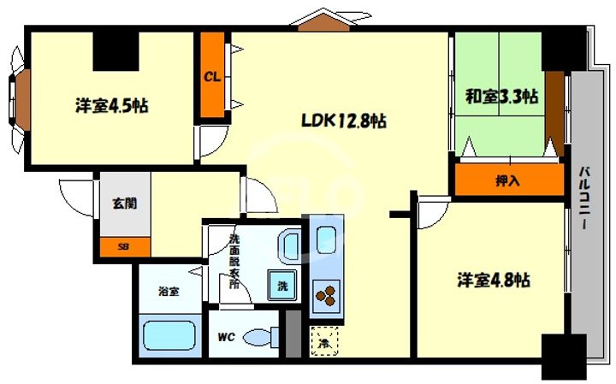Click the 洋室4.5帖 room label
[112, 107]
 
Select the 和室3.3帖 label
[501, 95]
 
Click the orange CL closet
[212, 76]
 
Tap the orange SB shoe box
[124, 247]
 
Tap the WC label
[226, 336]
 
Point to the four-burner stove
[325, 296]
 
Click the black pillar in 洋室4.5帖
[115, 51]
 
